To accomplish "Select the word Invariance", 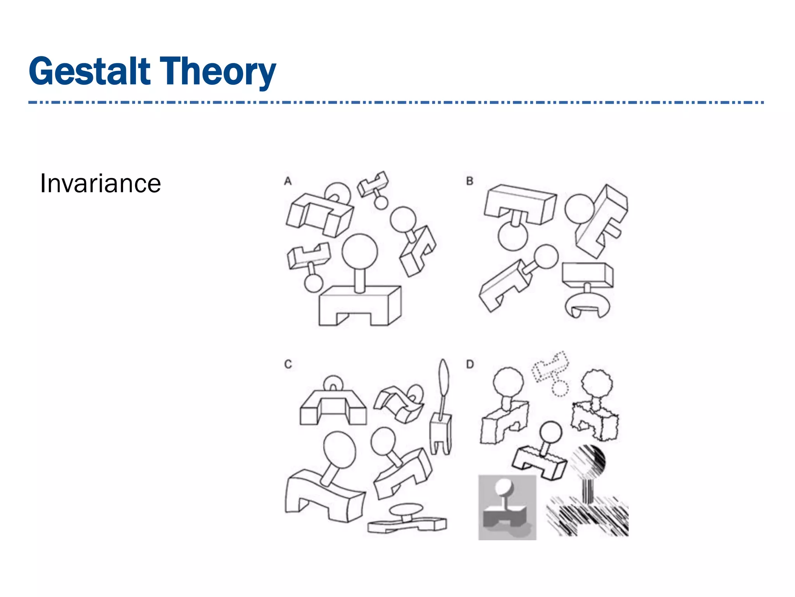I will (100, 183).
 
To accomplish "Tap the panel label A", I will (288, 181).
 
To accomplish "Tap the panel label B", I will (470, 181).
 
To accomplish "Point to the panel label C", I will (288, 365).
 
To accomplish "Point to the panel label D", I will (470, 365).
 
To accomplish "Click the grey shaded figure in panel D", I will (507, 507).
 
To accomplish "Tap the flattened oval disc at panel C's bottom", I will (406, 509).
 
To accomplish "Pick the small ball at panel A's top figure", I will (381, 202).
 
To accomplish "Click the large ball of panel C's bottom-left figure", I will (339, 450).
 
